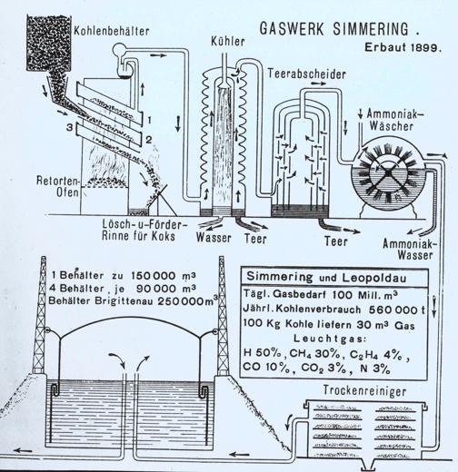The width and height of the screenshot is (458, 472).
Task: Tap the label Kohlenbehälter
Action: [102, 31]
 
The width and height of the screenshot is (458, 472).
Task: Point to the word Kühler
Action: [226, 42]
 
